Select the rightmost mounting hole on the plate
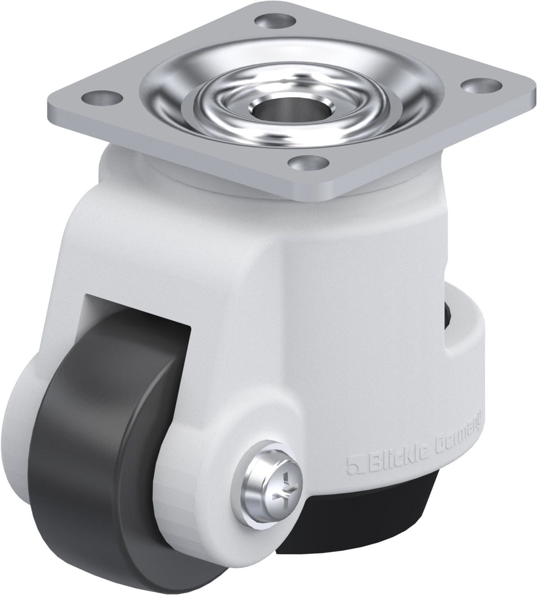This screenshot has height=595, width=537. [x=482, y=86]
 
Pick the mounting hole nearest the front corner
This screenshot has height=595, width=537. [x=309, y=163]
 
